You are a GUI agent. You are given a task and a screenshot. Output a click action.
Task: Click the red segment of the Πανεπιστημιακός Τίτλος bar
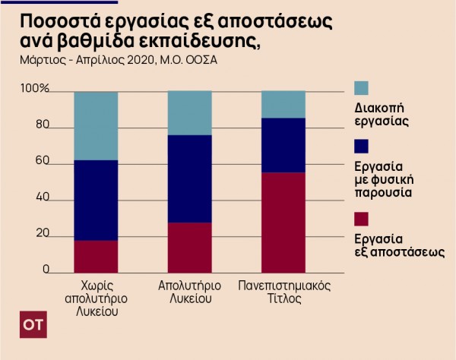283,222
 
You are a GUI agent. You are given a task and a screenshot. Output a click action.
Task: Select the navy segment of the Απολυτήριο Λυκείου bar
189,178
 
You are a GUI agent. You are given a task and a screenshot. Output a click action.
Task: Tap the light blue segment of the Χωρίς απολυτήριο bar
96,125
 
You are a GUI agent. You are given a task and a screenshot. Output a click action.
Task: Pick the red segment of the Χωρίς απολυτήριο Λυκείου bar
96,256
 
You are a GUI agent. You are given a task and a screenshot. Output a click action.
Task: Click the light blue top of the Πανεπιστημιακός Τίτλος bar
283,104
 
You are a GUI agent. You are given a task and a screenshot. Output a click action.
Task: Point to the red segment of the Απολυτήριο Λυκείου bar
189,247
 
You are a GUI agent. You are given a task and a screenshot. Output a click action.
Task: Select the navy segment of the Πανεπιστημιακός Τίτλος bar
283,145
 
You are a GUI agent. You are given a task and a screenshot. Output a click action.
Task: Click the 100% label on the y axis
34,90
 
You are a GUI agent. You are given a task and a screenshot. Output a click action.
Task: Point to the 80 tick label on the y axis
41,126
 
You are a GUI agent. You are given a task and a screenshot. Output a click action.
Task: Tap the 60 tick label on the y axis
41,162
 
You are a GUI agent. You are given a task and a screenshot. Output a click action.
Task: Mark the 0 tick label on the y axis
45,269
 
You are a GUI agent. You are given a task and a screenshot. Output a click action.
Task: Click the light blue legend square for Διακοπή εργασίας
362,87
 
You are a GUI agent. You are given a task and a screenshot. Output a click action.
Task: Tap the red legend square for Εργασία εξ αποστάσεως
362,219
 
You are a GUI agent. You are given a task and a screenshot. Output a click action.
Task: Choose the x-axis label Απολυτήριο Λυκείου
189,292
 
